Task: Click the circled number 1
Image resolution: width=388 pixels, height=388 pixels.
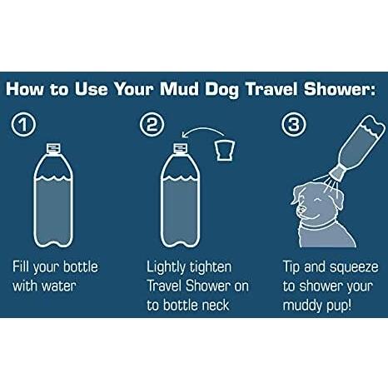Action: (x=23, y=124)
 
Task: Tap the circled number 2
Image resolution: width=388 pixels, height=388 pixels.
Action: (x=152, y=124)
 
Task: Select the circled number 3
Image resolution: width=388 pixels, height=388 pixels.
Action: (x=294, y=124)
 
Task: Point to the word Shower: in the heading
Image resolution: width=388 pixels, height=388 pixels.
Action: (x=340, y=89)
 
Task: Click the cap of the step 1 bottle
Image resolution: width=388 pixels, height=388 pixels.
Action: (x=53, y=148)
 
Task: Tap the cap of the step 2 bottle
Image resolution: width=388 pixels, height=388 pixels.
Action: (x=181, y=148)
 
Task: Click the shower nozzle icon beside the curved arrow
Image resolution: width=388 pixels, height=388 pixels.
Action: (x=225, y=151)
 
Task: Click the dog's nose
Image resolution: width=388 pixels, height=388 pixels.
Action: (x=299, y=209)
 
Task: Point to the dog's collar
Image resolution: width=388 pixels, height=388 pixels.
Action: (x=318, y=224)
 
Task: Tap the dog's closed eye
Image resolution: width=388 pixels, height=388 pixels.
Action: (x=316, y=201)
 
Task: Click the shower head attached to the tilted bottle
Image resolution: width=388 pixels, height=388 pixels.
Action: (x=338, y=173)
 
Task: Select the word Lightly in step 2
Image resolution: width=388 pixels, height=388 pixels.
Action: (x=166, y=268)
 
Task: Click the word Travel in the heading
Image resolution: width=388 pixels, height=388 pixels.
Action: (x=271, y=89)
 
